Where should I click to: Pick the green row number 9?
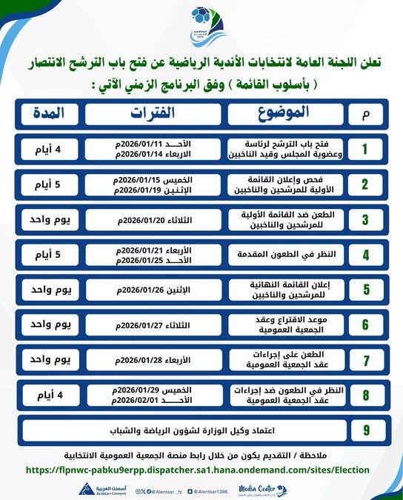364,430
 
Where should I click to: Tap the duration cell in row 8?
48,394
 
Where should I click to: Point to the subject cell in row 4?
285,254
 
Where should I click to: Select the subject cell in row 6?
285,324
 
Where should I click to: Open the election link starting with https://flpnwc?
198,470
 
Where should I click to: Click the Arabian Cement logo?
96,490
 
